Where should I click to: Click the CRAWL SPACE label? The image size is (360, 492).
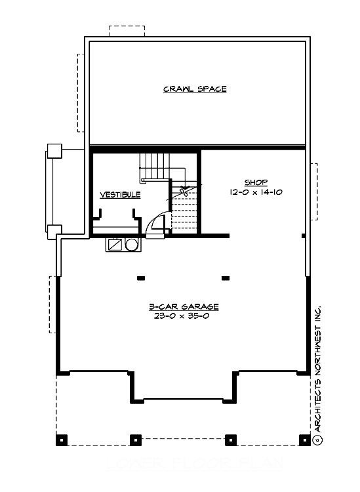[x=195, y=89]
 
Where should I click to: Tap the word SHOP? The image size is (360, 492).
[x=256, y=182]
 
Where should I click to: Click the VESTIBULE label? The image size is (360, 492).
[x=120, y=195]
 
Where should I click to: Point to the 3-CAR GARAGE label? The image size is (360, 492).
[x=183, y=306]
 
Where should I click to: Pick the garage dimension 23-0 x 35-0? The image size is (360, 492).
[x=183, y=316]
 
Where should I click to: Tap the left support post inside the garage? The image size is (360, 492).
[x=140, y=278]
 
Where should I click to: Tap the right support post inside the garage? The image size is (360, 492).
[x=226, y=278]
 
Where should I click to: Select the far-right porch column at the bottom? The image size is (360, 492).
[x=304, y=439]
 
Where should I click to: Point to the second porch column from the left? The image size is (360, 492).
[x=136, y=439]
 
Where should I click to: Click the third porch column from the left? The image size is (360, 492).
[x=230, y=439]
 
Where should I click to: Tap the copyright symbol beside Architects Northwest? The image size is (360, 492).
[x=317, y=438]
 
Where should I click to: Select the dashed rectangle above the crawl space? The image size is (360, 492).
[x=127, y=33]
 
